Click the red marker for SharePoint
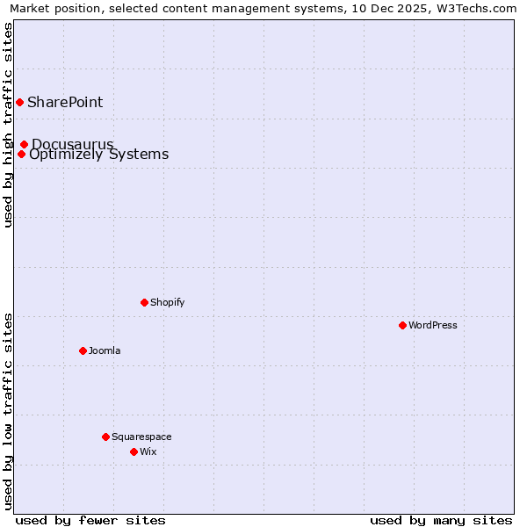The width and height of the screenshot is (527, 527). [19, 102]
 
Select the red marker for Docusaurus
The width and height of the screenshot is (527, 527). [25, 144]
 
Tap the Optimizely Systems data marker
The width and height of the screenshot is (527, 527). [21, 155]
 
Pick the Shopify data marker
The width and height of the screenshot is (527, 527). [145, 302]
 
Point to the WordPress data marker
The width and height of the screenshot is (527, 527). [403, 325]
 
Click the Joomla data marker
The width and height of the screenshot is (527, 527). [83, 350]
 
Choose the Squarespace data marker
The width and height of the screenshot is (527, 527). [105, 437]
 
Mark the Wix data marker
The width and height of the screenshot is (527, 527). [134, 451]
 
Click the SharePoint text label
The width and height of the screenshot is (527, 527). [65, 102]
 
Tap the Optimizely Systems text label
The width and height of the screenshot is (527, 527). [98, 155]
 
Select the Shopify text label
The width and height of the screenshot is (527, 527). [168, 302]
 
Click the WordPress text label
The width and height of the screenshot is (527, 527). [433, 325]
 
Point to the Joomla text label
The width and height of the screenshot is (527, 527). [105, 350]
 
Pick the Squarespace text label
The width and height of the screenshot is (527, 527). [141, 437]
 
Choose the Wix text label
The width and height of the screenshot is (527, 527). [148, 451]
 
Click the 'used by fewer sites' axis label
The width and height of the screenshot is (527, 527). [90, 520]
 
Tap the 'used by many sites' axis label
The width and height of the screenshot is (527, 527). [441, 520]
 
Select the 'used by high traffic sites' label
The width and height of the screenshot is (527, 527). [8, 125]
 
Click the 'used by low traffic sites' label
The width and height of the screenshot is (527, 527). [8, 411]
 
